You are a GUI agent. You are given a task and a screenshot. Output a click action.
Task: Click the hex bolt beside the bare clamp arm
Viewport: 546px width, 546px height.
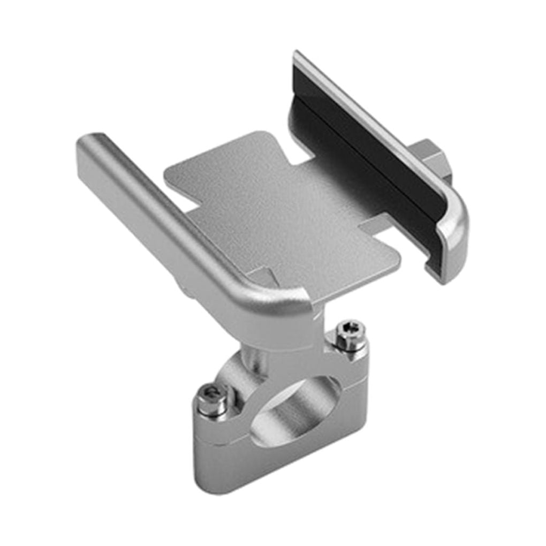point(350,335)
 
